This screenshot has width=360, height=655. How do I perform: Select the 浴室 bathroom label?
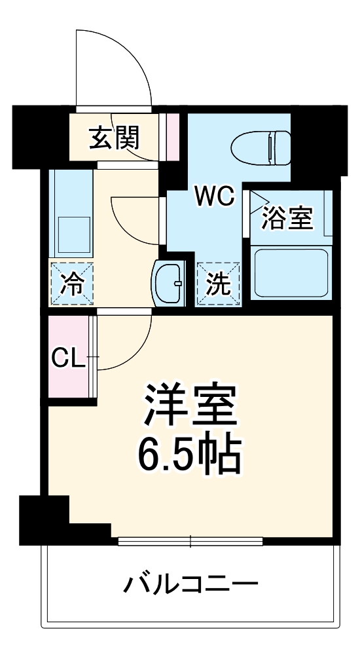coord(287,218)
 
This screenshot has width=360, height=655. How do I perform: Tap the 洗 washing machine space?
coord(219,284)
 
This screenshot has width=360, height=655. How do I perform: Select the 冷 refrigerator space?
coord(72,284)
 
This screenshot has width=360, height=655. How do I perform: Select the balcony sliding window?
coord(190,541)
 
